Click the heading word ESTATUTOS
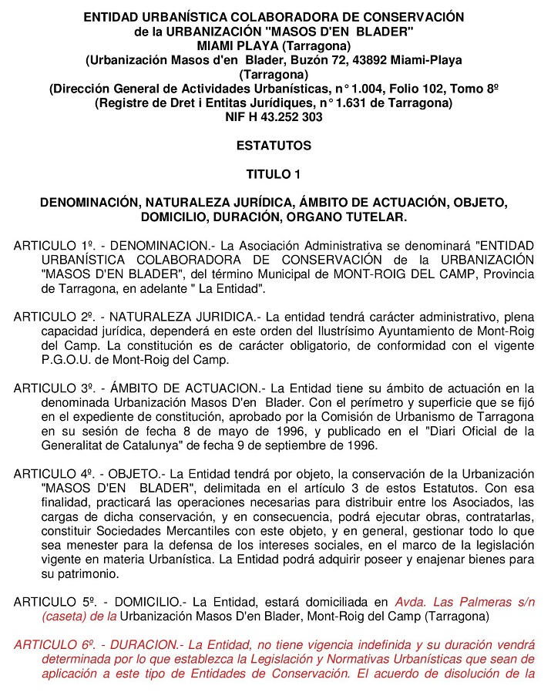pos(274,146)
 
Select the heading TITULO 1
pos(274,173)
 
